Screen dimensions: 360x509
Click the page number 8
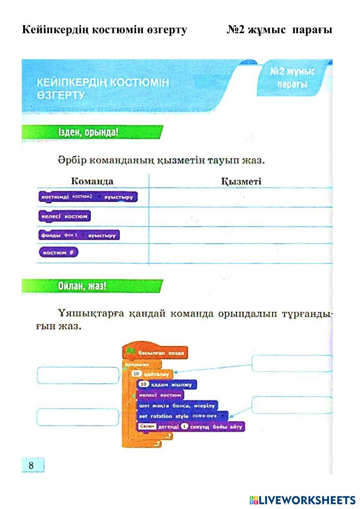[31, 465]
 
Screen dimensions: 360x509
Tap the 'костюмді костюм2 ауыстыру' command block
[87, 197]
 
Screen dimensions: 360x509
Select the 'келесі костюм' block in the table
[64, 216]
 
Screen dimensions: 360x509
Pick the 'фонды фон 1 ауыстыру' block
[78, 235]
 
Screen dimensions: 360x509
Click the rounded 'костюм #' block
[58, 252]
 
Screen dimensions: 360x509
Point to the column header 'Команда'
[92, 181]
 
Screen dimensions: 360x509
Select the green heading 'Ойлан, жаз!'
[82, 287]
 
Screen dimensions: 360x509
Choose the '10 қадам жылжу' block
[166, 384]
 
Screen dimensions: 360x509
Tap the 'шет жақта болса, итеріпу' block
[177, 406]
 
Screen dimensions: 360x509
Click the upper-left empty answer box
[78, 375]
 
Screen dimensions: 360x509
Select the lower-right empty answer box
[292, 405]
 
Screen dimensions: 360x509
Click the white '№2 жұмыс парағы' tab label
[292, 78]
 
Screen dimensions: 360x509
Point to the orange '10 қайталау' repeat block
[151, 374]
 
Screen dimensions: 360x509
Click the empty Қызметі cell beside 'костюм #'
[240, 253]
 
